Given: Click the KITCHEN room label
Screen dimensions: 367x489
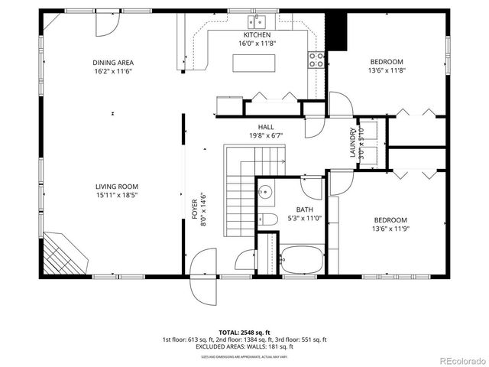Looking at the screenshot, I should point(257,35).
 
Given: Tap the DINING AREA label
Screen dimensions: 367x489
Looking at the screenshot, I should point(113,62).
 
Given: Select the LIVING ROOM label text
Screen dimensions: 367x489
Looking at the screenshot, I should point(117,186).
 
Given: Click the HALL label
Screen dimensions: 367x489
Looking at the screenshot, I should point(266,127).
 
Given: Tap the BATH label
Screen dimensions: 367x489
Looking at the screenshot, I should point(304,209).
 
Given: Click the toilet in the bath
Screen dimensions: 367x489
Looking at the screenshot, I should point(266,220).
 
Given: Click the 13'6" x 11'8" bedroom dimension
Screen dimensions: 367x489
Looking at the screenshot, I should point(387,71).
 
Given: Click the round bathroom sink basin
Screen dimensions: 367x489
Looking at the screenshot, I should point(264,191).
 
